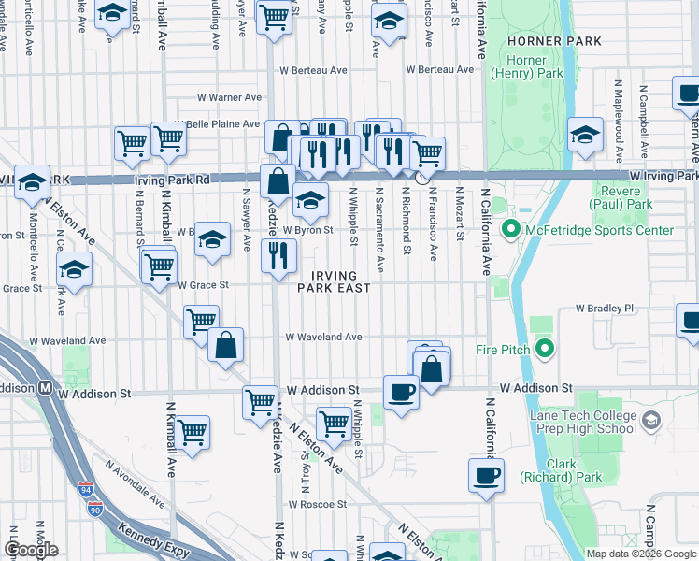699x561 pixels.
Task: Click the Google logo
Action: click(x=32, y=550)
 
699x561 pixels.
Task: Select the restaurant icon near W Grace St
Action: click(x=278, y=254)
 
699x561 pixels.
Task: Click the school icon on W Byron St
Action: click(x=310, y=197)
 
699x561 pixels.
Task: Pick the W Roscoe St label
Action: click(x=318, y=503)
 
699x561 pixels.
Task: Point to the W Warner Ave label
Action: click(x=229, y=97)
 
